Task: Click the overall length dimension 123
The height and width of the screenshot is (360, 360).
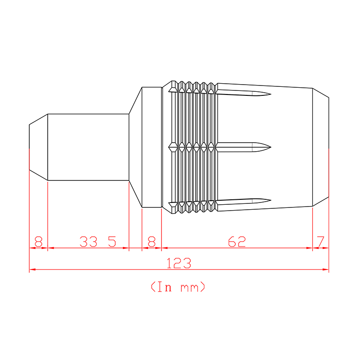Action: [x=179, y=263]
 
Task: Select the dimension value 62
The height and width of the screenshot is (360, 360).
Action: [x=237, y=242]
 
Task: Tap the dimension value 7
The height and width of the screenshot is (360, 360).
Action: [x=320, y=242]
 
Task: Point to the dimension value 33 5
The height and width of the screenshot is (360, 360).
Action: [x=98, y=242]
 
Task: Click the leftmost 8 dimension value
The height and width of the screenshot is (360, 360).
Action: [x=38, y=242]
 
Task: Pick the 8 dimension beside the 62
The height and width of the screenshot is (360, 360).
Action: [x=152, y=242]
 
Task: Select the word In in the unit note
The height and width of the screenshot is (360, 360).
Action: [x=164, y=287]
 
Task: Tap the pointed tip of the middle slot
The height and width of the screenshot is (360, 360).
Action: [x=271, y=147]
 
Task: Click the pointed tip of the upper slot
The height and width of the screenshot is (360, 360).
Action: [x=271, y=94]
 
